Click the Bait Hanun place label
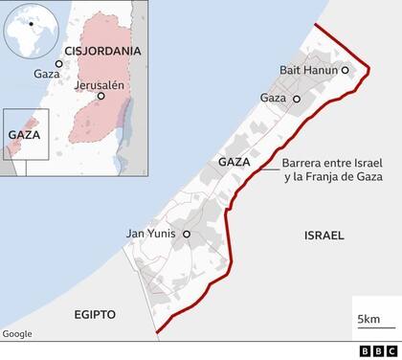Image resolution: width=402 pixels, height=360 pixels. [x=308, y=70]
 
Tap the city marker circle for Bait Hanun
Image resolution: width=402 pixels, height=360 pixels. [x=345, y=70]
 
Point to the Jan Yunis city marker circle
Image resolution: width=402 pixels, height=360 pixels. [x=187, y=233]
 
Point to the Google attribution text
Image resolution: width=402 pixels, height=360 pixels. [x=17, y=333]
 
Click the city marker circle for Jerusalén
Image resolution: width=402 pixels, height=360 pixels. [x=100, y=97]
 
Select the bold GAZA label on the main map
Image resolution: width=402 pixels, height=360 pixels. [x=234, y=163]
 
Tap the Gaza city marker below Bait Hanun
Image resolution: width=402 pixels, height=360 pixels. [x=297, y=99]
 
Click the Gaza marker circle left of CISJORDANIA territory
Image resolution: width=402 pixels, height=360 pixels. [x=57, y=65]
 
